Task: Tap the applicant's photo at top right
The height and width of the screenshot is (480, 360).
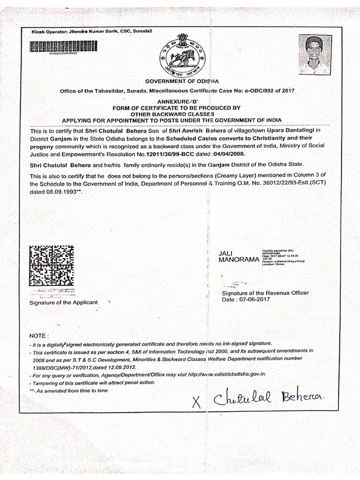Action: [315, 55]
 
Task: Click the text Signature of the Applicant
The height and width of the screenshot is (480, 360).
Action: [64, 302]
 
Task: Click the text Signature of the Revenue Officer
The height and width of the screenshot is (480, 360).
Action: [265, 292]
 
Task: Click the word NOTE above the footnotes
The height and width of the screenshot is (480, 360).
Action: [39, 336]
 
